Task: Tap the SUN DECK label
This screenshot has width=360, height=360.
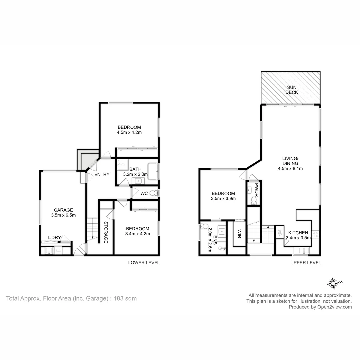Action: pyautogui.click(x=290, y=90)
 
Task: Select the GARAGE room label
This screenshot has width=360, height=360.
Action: pyautogui.click(x=63, y=210)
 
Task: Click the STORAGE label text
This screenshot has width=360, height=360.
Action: pyautogui.click(x=106, y=232)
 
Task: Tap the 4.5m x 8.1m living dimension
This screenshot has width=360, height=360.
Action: pyautogui.click(x=290, y=168)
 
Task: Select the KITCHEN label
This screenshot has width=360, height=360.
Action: pyautogui.click(x=298, y=232)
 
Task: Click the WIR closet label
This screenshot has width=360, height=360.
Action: pyautogui.click(x=239, y=234)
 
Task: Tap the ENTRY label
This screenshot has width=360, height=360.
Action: pyautogui.click(x=102, y=174)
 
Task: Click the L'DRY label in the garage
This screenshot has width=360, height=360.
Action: pyautogui.click(x=54, y=237)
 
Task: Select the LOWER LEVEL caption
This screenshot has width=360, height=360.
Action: pyautogui.click(x=144, y=263)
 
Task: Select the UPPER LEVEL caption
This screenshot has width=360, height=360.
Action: pyautogui.click(x=305, y=263)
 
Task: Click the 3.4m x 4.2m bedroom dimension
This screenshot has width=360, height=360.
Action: pyautogui.click(x=137, y=234)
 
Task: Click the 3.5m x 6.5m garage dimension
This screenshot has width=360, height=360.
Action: pyautogui.click(x=63, y=215)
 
